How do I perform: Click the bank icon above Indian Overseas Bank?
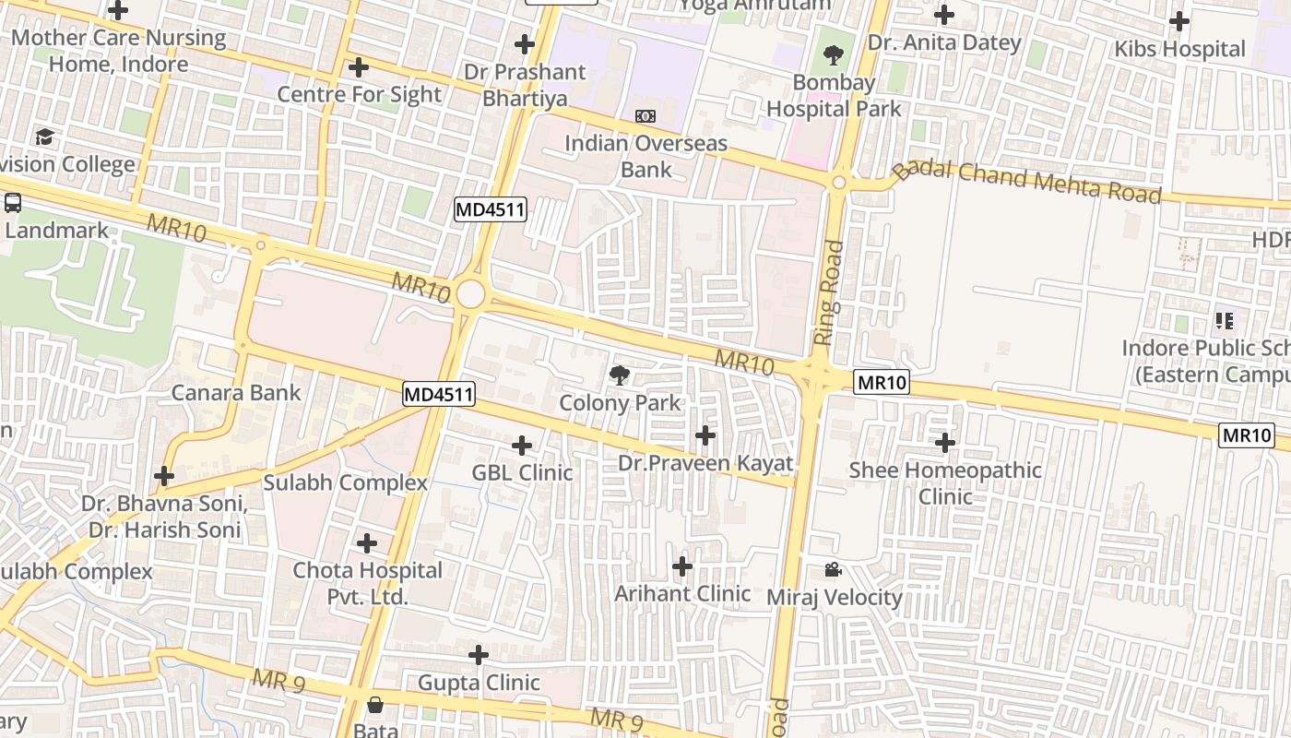pos(645,116)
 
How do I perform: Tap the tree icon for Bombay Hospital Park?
pos(834,54)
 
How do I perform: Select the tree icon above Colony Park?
pos(620,375)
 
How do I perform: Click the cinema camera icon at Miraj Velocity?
pos(833,570)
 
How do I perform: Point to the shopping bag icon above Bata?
pos(375,706)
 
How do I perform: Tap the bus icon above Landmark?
pos(13,203)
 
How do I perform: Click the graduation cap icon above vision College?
pos(44,137)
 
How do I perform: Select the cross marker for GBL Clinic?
pos(522,446)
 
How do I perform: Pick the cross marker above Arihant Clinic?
pos(682,566)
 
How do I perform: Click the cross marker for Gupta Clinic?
pos(479,656)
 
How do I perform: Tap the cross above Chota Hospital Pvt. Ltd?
pos(367,543)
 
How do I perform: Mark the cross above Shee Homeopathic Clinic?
pos(945,444)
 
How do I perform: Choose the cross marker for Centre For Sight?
pos(359,68)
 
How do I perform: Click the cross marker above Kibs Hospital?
pos(1179,21)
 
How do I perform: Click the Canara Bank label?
pos(236,393)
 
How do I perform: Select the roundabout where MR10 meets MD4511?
pos(470,294)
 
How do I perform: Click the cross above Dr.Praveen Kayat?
pos(705,435)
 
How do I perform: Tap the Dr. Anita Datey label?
pos(944,42)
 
